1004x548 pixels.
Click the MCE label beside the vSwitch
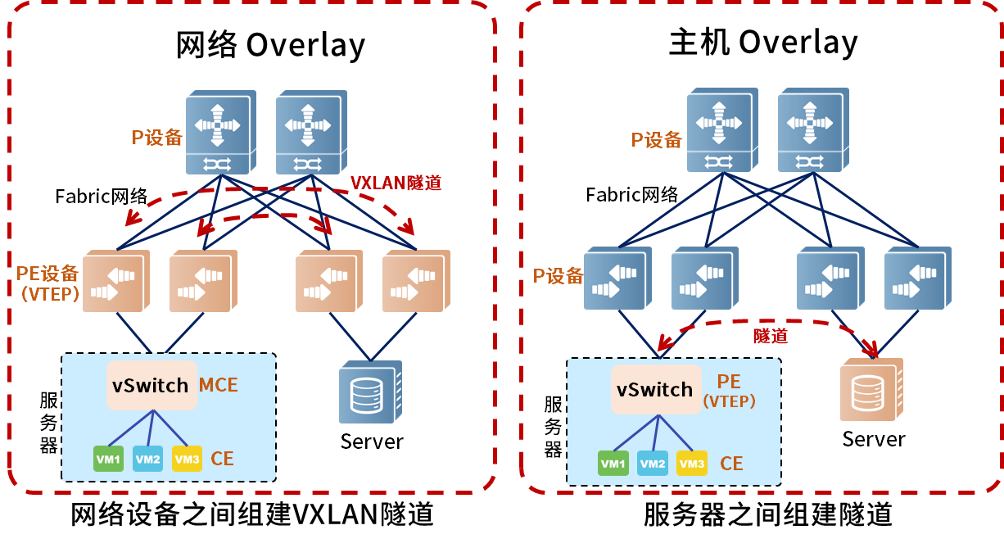click(219, 385)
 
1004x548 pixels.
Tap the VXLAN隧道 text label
click(396, 183)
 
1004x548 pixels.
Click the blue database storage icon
click(369, 393)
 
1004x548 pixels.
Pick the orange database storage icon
click(871, 391)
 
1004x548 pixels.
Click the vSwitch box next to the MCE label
click(152, 385)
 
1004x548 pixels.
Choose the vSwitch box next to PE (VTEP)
click(655, 390)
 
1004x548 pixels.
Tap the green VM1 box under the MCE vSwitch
click(108, 460)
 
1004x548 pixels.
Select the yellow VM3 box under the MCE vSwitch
click(187, 460)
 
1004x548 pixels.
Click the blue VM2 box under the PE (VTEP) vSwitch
click(653, 464)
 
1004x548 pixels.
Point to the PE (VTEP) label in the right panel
click(729, 391)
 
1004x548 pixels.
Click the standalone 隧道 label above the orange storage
click(770, 336)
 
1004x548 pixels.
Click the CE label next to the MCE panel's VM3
click(222, 459)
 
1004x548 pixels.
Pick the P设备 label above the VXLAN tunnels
click(157, 138)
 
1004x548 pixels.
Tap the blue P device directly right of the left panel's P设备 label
click(219, 134)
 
